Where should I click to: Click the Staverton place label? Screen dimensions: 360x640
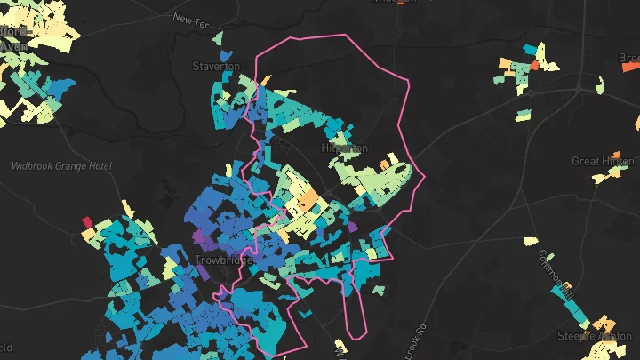(x=216, y=67)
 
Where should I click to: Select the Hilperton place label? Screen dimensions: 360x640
(x=344, y=148)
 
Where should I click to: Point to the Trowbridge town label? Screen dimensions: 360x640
(x=223, y=260)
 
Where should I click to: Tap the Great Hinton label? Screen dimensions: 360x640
(x=603, y=162)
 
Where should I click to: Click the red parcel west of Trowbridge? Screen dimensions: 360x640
(x=87, y=221)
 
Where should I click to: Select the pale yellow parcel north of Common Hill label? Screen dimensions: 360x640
(x=532, y=241)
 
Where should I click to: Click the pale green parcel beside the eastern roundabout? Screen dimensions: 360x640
(x=600, y=84)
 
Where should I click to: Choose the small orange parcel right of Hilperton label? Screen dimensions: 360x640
(x=385, y=164)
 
